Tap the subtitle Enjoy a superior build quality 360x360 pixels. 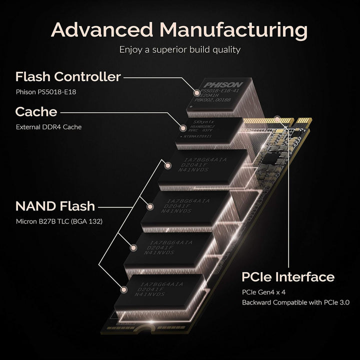(x=179, y=49)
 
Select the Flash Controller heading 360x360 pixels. (x=68, y=77)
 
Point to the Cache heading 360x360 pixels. (x=36, y=111)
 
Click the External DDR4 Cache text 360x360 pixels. (x=48, y=126)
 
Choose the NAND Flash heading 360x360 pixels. (x=55, y=206)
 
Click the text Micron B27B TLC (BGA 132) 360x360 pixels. (x=59, y=221)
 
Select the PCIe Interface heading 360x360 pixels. (x=287, y=277)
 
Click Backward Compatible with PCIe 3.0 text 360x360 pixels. (x=296, y=302)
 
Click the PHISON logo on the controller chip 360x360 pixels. (x=222, y=84)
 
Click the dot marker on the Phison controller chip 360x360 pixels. (x=196, y=92)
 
